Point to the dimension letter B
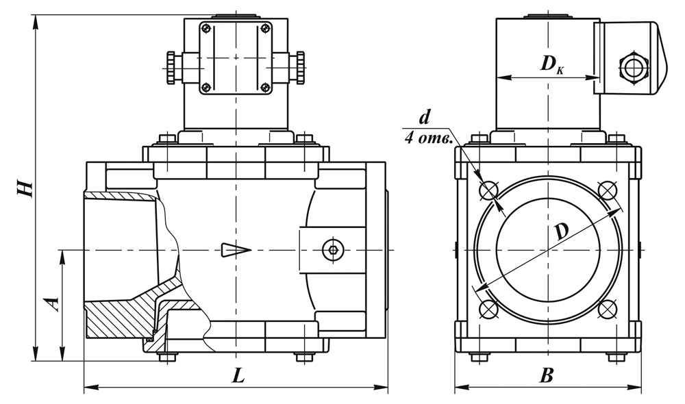(546, 375)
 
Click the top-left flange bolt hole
(488, 190)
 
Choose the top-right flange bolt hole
(607, 190)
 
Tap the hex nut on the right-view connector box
(632, 68)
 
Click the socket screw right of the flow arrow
(334, 250)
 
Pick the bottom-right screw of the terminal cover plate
(264, 86)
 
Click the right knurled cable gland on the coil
(299, 68)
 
